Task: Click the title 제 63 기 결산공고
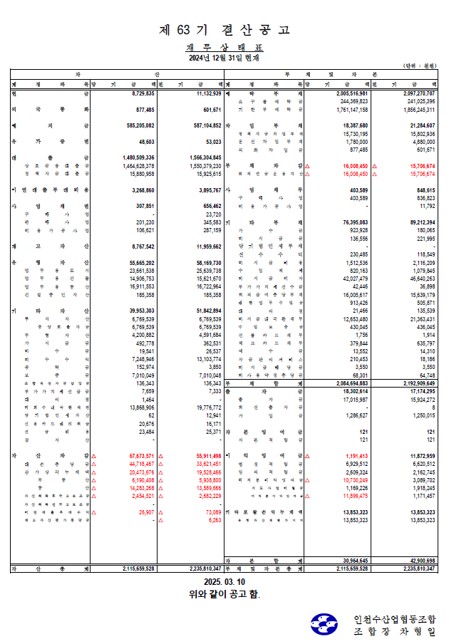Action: click(224, 30)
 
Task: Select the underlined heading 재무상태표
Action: click(224, 47)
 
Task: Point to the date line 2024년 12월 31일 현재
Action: click(224, 58)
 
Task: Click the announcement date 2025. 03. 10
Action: click(224, 582)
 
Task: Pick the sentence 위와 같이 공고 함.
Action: click(224, 594)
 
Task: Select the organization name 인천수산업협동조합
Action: click(394, 618)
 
